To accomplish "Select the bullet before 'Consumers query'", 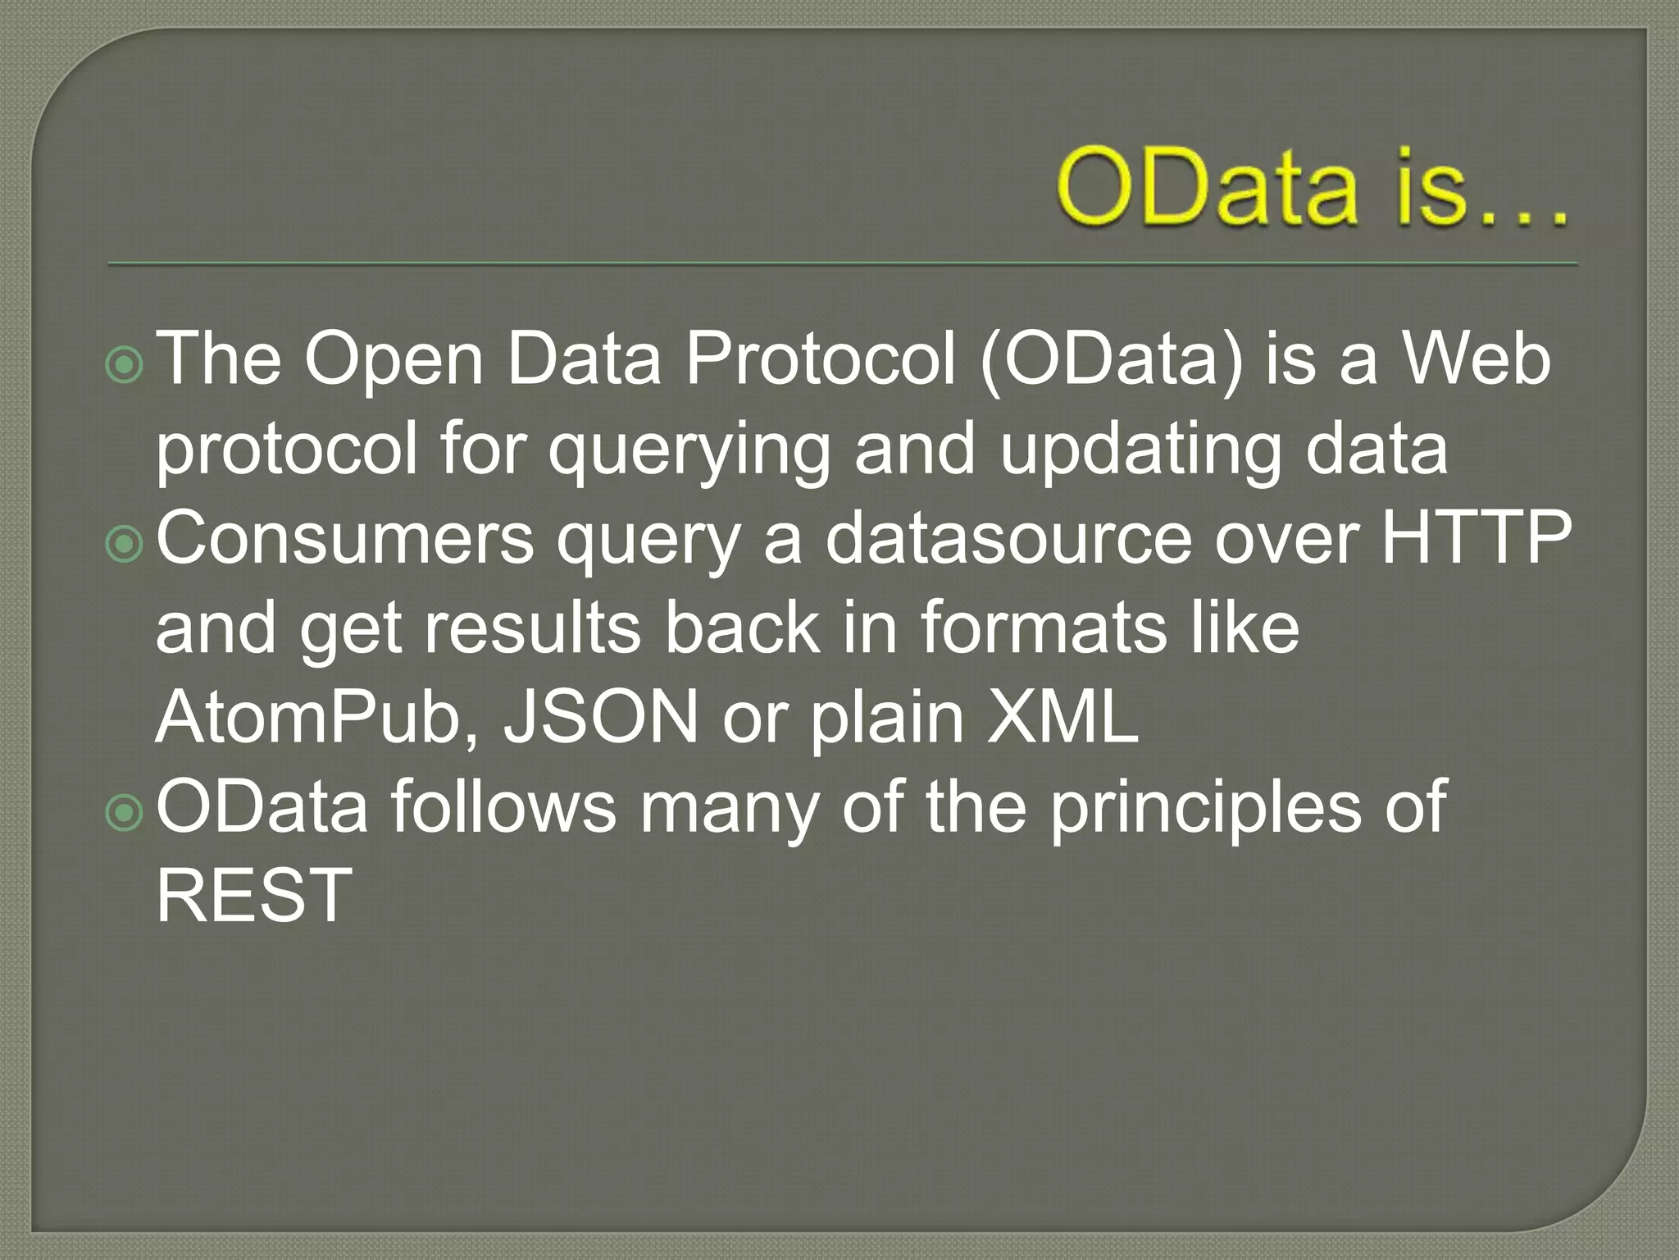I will pyautogui.click(x=125, y=544).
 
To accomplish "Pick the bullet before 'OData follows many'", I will pyautogui.click(x=125, y=812).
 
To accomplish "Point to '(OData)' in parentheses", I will pyautogui.click(x=1111, y=361).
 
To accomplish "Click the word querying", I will pyautogui.click(x=689, y=451).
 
